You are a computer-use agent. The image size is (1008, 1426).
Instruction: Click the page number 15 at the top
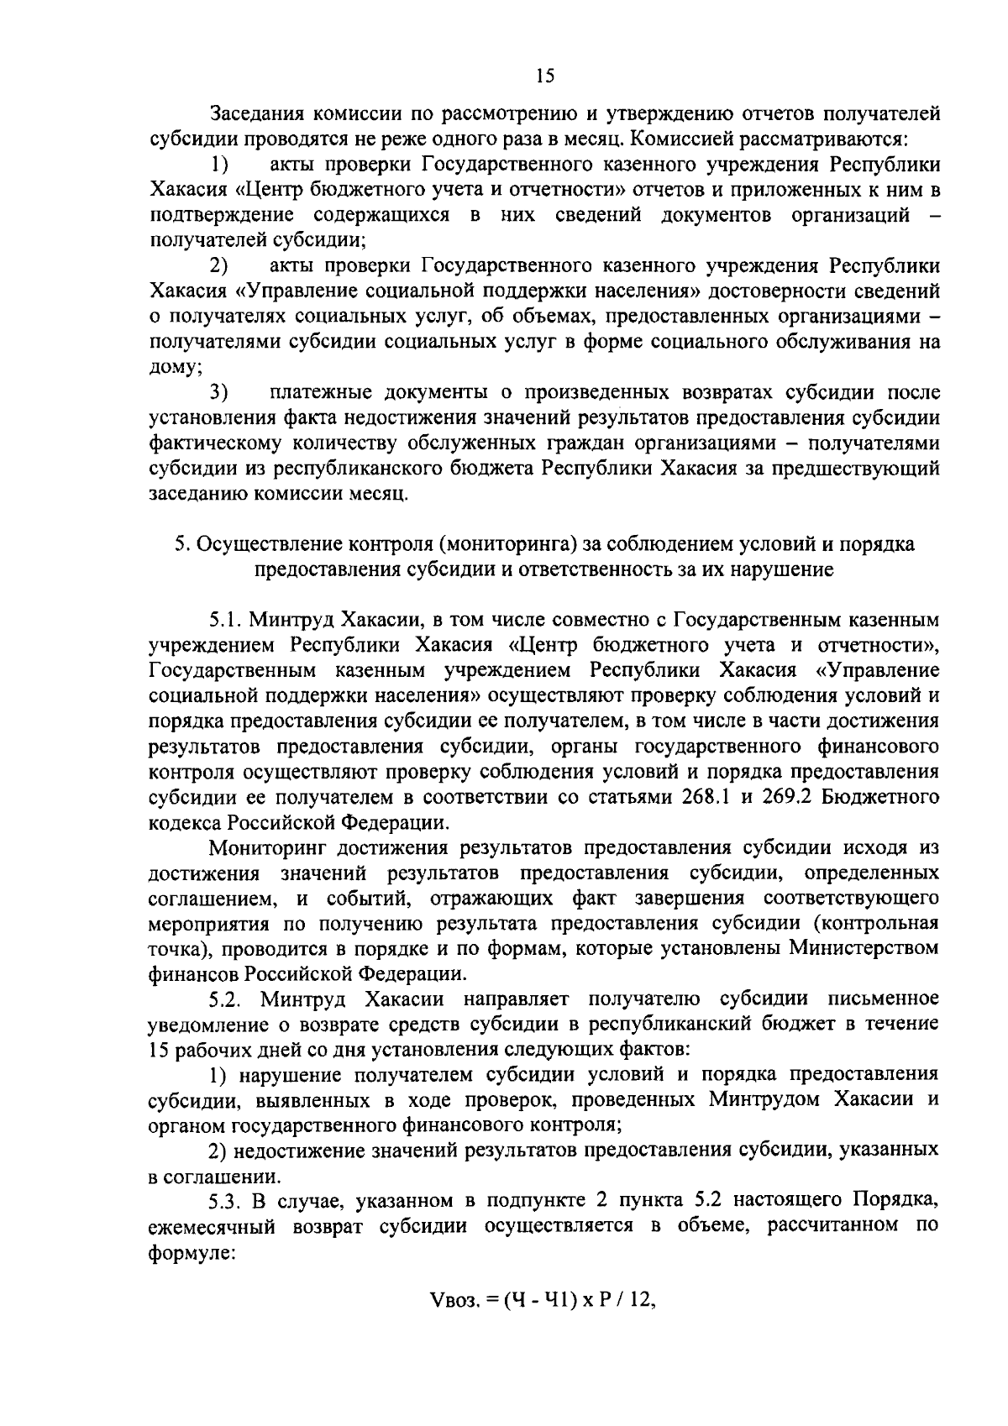coord(545,76)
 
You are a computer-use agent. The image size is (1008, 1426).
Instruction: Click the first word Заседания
coord(255,113)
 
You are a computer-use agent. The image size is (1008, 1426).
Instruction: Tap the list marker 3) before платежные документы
coord(220,392)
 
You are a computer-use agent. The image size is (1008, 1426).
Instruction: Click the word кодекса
coord(184,820)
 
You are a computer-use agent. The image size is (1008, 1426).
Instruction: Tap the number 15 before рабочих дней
coord(159,1050)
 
